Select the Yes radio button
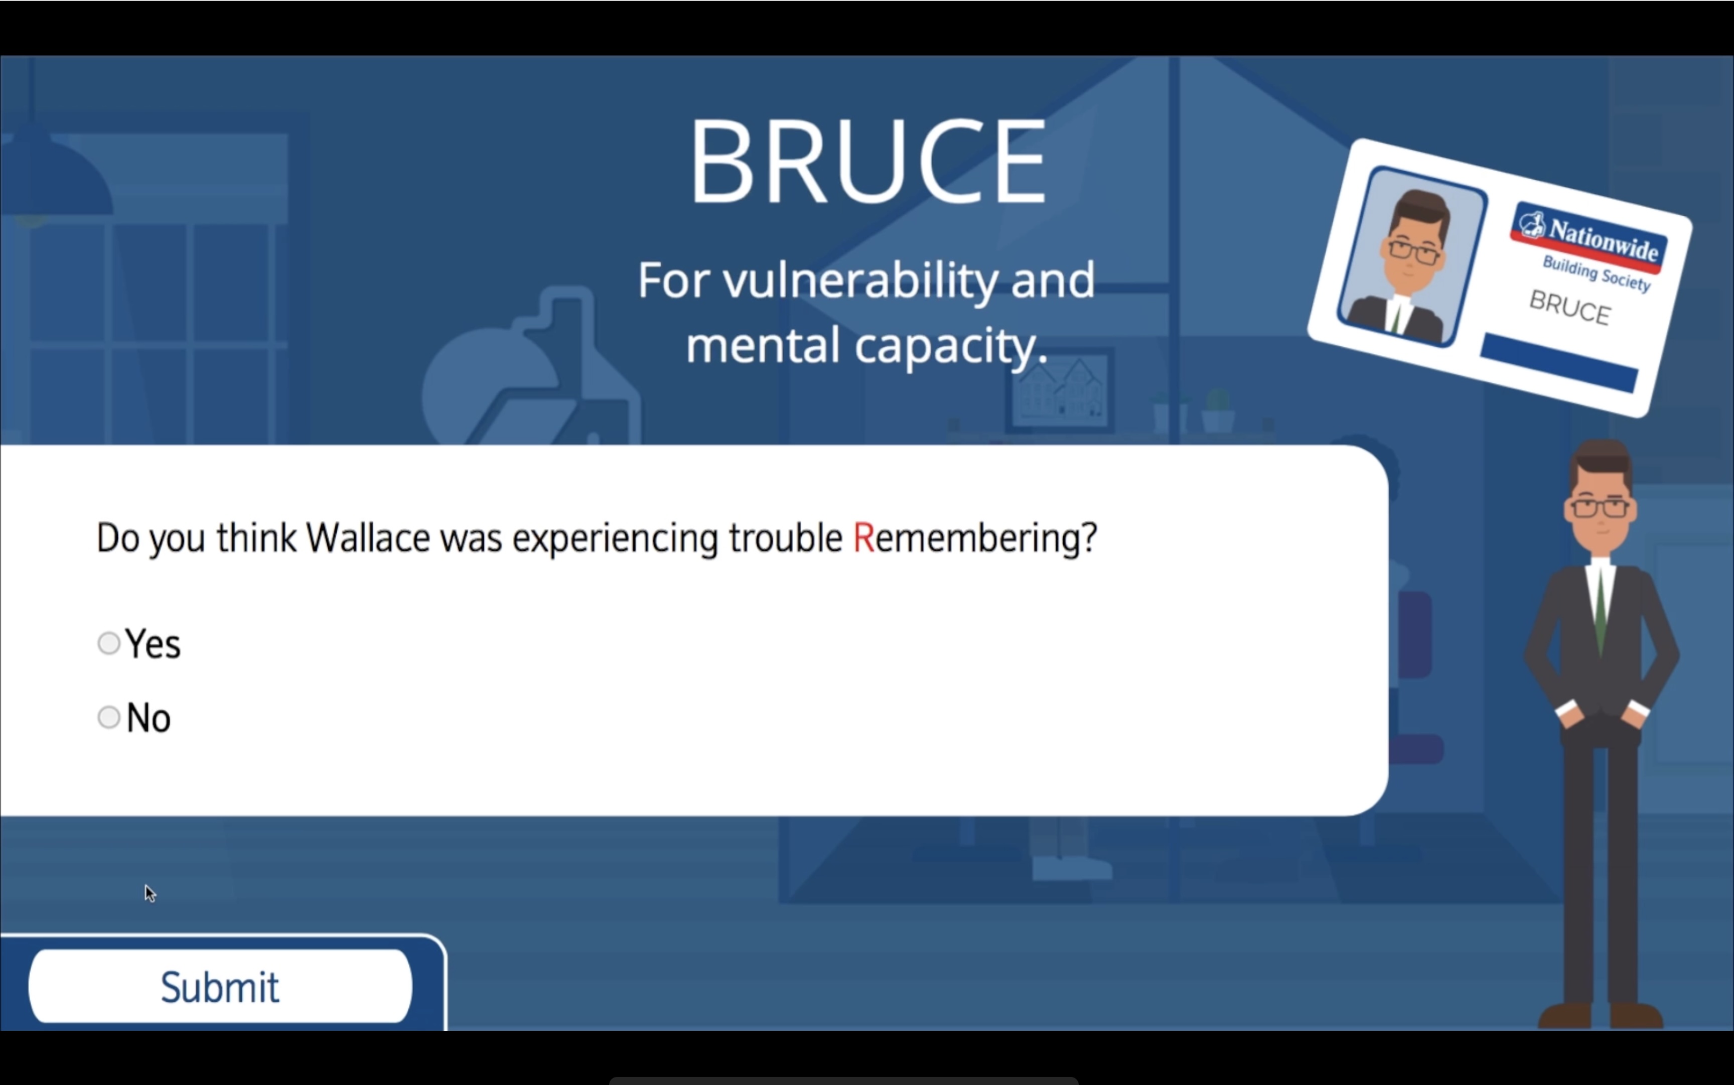108,643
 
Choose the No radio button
108,717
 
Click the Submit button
220,986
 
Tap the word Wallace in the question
367,537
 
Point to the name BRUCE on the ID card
1570,308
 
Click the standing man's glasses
1600,507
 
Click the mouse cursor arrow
149,893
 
